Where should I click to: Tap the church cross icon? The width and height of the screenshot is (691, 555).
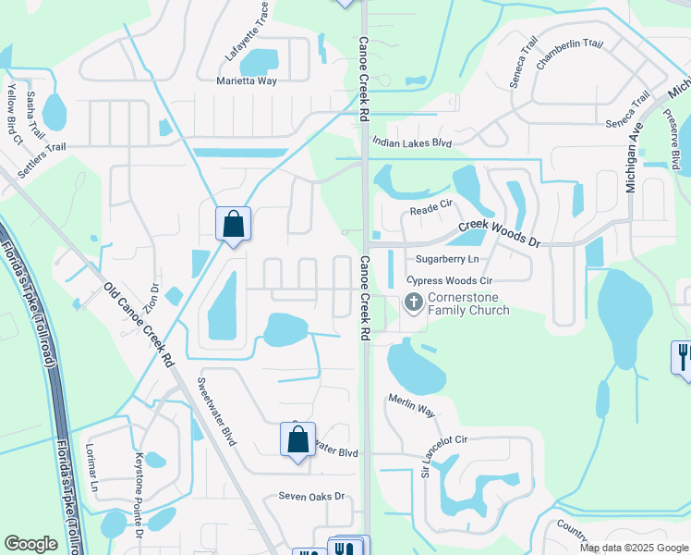(413, 302)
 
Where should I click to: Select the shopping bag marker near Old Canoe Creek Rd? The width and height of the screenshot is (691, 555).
(233, 224)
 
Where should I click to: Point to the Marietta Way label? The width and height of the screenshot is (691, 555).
(247, 81)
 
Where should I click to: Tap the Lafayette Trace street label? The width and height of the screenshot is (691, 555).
(248, 32)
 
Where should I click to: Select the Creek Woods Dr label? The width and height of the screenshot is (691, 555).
(498, 232)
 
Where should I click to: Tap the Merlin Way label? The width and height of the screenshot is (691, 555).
(411, 404)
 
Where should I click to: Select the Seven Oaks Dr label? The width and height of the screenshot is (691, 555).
(311, 497)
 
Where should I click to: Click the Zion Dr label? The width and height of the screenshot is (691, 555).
(155, 295)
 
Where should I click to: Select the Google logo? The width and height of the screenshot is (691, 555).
(30, 544)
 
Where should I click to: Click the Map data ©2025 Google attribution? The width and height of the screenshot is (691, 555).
(633, 548)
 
